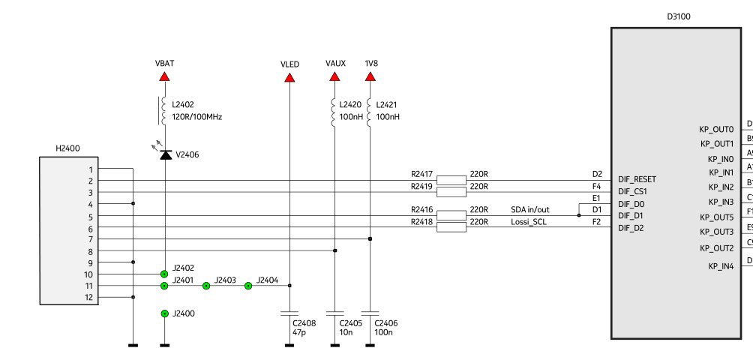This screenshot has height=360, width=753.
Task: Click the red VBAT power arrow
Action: click(x=164, y=75)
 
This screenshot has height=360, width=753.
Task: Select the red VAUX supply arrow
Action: click(x=334, y=75)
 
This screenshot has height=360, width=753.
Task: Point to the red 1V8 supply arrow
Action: click(x=370, y=75)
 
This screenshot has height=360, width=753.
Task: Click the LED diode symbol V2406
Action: click(x=165, y=154)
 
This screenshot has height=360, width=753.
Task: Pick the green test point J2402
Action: click(x=164, y=274)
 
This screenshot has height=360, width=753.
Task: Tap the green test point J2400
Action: click(x=164, y=313)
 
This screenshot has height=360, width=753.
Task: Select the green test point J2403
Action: click(x=206, y=286)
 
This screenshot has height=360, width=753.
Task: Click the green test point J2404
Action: click(x=248, y=286)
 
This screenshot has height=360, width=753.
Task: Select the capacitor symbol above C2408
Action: click(x=289, y=313)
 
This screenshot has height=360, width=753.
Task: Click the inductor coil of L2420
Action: click(x=334, y=111)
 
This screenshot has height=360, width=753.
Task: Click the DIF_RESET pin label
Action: click(x=637, y=179)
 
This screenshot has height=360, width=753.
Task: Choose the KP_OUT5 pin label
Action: click(x=717, y=217)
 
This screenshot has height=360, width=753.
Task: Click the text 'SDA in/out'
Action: click(x=530, y=209)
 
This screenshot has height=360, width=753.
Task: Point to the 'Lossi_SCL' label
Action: click(x=529, y=221)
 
